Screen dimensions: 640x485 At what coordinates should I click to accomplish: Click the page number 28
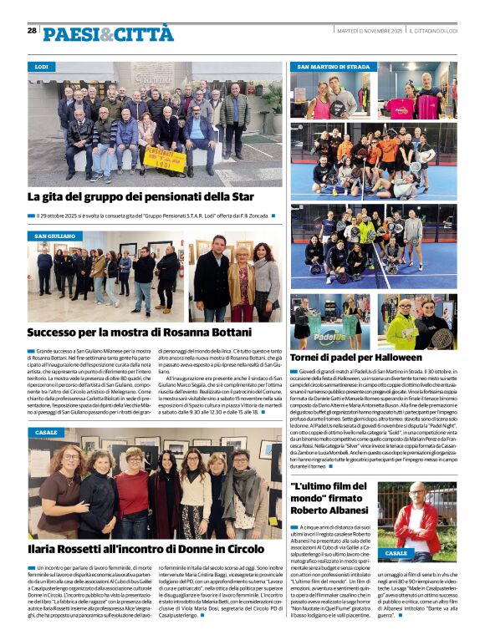(x=32, y=30)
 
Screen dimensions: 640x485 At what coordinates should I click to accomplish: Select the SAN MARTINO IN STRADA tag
(x=333, y=66)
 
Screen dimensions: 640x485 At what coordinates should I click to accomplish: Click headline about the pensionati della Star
(x=140, y=197)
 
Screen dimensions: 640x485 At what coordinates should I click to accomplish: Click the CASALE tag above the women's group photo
(x=47, y=432)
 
